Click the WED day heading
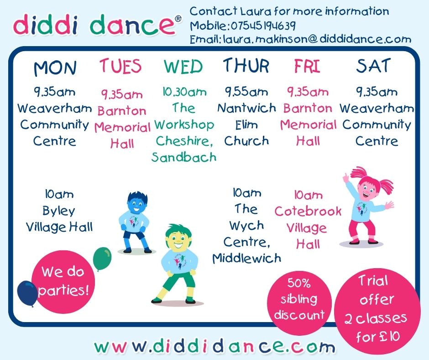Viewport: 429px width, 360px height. pyautogui.click(x=183, y=66)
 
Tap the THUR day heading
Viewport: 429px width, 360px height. pyautogui.click(x=246, y=66)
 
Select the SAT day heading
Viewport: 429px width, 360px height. pyautogui.click(x=373, y=66)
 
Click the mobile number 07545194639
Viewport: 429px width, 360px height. pyautogui.click(x=263, y=26)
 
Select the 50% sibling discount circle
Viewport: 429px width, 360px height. pyautogui.click(x=299, y=299)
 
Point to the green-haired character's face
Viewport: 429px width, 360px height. pyautogui.click(x=178, y=240)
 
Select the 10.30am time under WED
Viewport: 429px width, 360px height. pyautogui.click(x=185, y=92)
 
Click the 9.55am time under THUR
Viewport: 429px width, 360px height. pyautogui.click(x=246, y=91)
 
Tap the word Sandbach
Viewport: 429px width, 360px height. pyautogui.click(x=184, y=157)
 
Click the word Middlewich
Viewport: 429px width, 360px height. pyautogui.click(x=247, y=258)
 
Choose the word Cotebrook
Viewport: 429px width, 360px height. pyautogui.click(x=308, y=211)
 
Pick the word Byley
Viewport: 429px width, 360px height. pyautogui.click(x=59, y=211)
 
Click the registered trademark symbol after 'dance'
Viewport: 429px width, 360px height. pyautogui.click(x=178, y=19)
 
